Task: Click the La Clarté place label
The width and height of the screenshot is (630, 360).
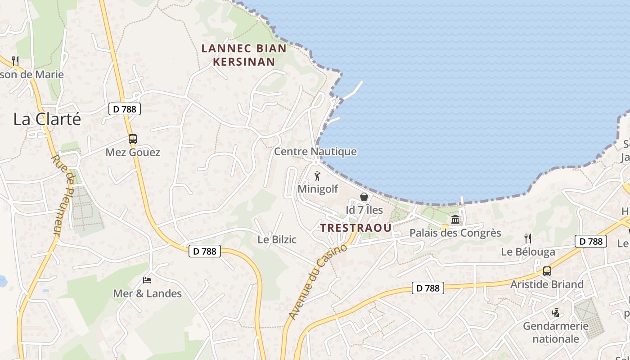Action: (47, 119)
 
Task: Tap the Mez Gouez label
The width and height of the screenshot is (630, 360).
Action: (133, 153)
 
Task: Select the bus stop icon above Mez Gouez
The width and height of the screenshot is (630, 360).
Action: (133, 139)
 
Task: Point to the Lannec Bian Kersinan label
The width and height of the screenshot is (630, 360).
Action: (243, 55)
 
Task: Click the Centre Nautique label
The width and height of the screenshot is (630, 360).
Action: (315, 152)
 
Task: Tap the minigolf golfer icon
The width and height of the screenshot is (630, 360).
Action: (317, 176)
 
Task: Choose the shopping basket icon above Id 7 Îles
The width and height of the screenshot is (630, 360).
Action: (364, 197)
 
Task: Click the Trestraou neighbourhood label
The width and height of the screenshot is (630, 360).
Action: (356, 228)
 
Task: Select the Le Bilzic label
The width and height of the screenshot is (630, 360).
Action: (277, 239)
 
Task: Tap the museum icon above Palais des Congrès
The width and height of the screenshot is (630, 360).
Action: (455, 220)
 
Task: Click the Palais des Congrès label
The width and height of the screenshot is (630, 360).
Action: (455, 233)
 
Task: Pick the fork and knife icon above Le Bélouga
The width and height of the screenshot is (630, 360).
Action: (528, 238)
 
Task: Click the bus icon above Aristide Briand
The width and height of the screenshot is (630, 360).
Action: (547, 271)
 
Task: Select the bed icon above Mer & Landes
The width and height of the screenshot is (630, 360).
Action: (147, 280)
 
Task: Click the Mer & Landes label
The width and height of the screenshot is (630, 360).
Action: (147, 294)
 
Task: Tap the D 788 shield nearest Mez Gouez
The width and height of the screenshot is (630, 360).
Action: (125, 109)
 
